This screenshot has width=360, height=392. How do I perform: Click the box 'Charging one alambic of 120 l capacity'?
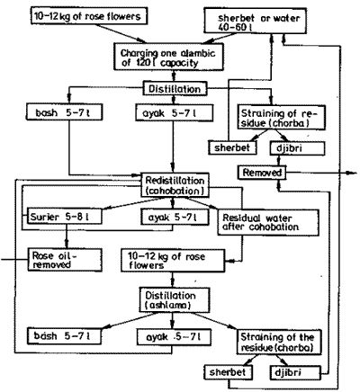168,57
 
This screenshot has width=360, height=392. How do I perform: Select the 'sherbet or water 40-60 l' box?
255,20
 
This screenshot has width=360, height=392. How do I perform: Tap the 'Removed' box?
262,173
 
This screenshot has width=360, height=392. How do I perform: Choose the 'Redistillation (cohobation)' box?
175,185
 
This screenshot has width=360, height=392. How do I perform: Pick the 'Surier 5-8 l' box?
65,217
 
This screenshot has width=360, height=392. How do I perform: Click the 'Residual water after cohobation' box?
268,222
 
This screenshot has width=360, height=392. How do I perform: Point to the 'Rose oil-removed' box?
65,260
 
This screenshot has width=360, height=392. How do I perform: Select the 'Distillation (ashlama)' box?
174,299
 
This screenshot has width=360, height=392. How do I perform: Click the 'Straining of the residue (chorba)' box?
279,342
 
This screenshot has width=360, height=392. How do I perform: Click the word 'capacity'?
179,64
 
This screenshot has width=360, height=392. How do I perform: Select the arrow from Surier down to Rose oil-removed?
67,236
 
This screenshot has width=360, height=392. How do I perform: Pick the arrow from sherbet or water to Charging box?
220,38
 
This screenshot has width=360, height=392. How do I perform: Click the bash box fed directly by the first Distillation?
65,112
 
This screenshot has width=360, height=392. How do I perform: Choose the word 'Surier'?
45,217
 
